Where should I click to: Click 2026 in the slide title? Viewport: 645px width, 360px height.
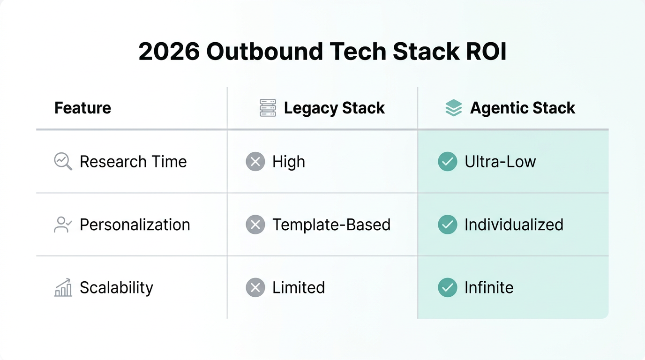(x=169, y=52)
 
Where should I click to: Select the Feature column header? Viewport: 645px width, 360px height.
(x=82, y=108)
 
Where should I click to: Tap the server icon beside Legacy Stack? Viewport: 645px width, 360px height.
(x=268, y=108)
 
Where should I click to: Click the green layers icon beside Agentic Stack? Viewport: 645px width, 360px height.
(x=453, y=108)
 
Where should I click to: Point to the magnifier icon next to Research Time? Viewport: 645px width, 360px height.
(x=63, y=162)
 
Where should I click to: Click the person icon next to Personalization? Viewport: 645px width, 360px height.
(x=63, y=225)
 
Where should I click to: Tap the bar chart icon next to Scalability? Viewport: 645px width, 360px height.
(x=63, y=287)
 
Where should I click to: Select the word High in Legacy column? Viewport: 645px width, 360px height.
(x=289, y=162)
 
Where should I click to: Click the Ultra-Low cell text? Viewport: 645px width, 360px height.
(x=500, y=162)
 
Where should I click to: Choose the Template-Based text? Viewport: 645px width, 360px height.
(x=331, y=225)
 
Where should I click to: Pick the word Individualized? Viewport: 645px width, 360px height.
(x=514, y=225)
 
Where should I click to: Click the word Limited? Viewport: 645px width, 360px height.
(x=299, y=287)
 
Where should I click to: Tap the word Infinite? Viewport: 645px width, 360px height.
(x=489, y=287)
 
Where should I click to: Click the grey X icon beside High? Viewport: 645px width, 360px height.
(x=255, y=162)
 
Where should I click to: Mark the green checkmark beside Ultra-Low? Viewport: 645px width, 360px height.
(x=448, y=162)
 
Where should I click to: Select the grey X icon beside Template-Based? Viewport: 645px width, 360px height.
(x=255, y=225)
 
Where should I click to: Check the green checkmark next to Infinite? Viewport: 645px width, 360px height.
(x=448, y=287)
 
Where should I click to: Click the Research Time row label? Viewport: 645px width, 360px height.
(x=133, y=162)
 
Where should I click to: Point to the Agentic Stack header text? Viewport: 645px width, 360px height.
(x=523, y=108)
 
